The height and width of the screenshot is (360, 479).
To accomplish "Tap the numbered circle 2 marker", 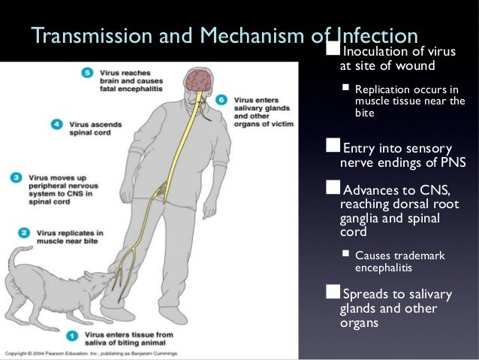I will pyautogui.click(x=24, y=234).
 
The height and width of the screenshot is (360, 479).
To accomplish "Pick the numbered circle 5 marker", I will pyautogui.click(x=87, y=73).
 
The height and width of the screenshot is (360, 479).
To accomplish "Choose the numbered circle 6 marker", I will pyautogui.click(x=220, y=99).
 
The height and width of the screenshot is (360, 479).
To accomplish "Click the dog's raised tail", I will pyautogui.click(x=17, y=259).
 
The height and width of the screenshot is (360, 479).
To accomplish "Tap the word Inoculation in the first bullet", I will pyautogui.click(x=372, y=52).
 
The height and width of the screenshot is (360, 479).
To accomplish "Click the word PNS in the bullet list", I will pyautogui.click(x=450, y=161).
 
